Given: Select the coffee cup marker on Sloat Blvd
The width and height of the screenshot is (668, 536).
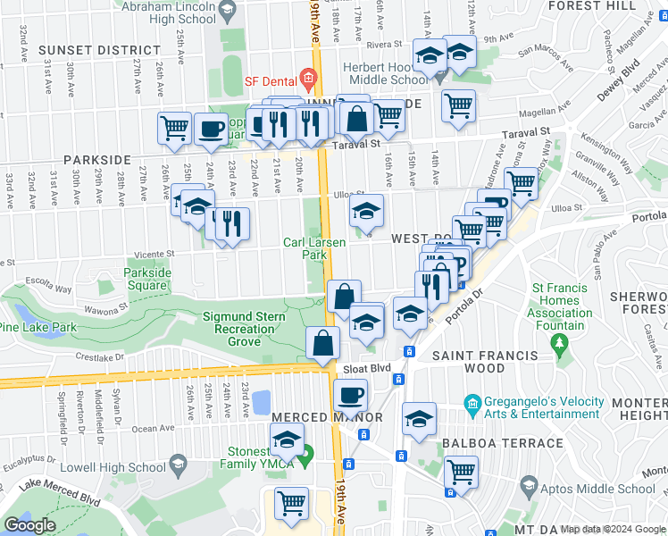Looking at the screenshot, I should click(x=350, y=394).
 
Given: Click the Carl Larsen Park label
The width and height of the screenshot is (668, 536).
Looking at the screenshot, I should click(x=314, y=248).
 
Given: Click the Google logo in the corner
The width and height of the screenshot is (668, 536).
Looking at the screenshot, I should click(x=29, y=525).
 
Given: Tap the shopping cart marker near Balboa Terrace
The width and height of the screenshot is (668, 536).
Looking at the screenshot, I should click(x=461, y=472).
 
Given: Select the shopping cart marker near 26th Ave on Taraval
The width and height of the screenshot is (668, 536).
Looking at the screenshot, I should click(x=174, y=128).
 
